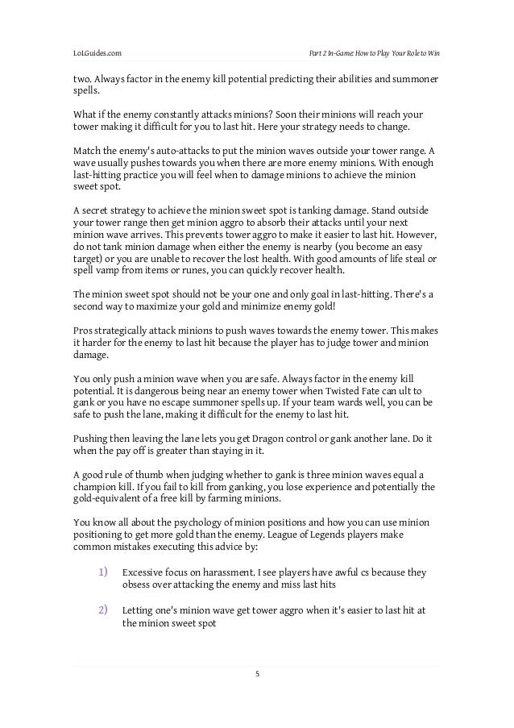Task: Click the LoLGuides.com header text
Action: [98, 53]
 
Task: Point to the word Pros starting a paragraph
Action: [82, 329]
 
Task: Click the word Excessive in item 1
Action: [143, 572]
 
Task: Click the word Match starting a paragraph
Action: [86, 149]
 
